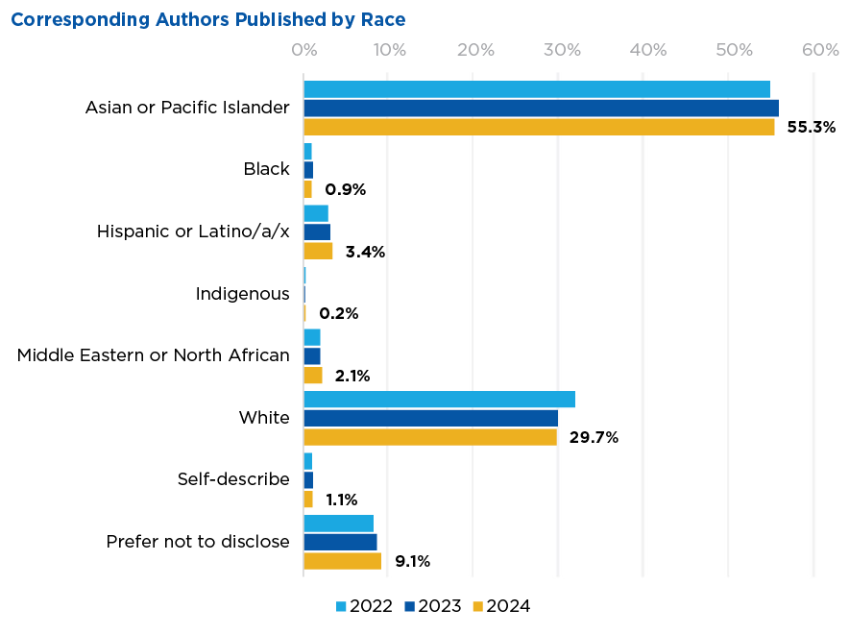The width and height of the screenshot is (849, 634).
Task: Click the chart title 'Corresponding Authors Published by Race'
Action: pos(207,20)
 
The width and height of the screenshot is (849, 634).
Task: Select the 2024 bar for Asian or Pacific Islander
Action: pos(539,127)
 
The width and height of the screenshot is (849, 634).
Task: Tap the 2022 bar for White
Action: pos(439,400)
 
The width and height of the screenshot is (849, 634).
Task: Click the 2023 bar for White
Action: pos(430,418)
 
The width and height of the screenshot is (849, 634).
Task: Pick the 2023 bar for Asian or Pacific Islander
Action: pos(541,108)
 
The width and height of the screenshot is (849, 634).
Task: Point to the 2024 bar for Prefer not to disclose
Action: pos(342,561)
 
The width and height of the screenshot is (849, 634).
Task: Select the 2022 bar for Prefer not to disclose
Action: pos(338,524)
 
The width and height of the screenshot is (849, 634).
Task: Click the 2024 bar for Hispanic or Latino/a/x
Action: pos(318,252)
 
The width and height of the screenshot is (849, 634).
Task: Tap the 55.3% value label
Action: pos(811,128)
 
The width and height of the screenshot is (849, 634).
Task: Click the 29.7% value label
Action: pos(594,438)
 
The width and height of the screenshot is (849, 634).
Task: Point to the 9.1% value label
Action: pos(412,562)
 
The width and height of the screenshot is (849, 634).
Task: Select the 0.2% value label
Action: pos(338,314)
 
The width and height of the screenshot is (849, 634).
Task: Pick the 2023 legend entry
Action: pos(431,606)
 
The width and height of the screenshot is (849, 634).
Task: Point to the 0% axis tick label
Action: pos(304,50)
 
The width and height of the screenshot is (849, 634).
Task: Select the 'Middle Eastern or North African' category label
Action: pos(154,355)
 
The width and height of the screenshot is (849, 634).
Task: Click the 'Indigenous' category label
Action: pos(242,294)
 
